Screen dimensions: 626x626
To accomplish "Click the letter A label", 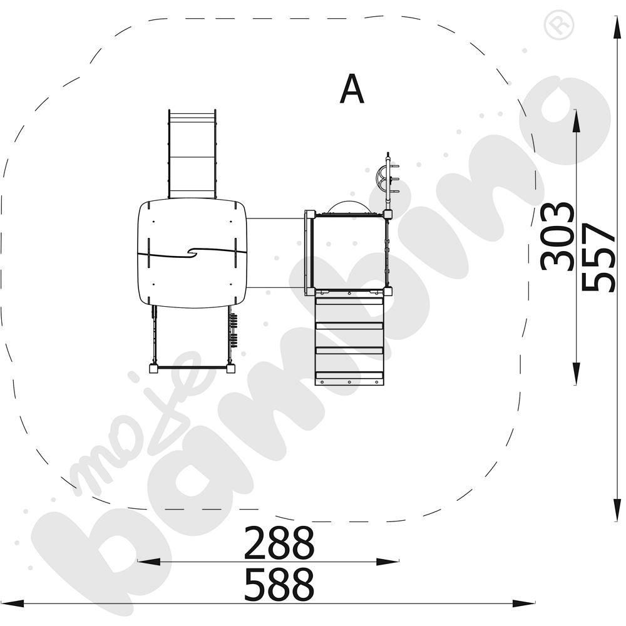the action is [x=352, y=89].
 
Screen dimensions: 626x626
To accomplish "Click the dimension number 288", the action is [x=279, y=543].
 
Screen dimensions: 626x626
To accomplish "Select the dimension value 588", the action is [x=279, y=585].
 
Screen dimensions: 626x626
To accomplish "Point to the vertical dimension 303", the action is [x=557, y=237].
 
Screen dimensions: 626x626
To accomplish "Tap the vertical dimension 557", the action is [x=598, y=257].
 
